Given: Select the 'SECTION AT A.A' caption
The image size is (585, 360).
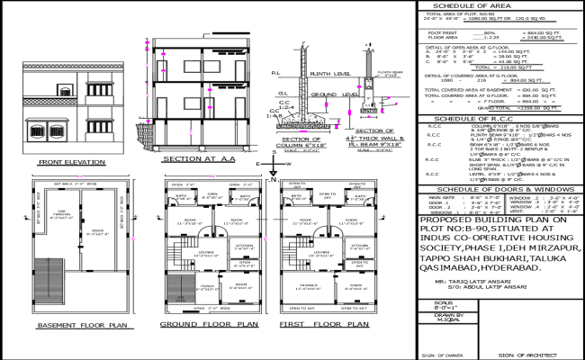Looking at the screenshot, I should pyautogui.click(x=193, y=158).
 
